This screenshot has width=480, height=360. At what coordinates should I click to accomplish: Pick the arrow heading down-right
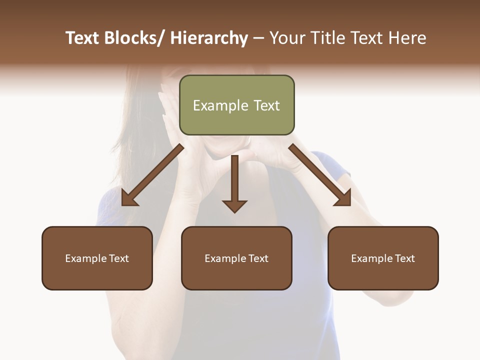[320, 175]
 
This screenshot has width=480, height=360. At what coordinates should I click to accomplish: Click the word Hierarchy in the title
[209, 38]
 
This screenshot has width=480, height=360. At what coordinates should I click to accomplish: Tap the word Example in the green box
[220, 105]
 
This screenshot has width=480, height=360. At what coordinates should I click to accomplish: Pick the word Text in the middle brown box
[258, 258]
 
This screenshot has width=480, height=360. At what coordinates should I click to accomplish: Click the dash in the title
[258, 38]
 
